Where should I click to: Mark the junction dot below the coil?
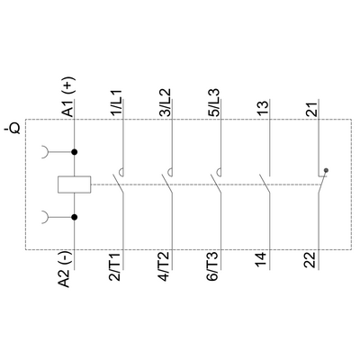tap(75, 217)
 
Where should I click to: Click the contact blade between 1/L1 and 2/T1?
tap(119, 184)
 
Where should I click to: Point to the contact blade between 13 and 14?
tap(265, 184)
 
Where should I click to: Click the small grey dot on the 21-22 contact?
tap(326, 168)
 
